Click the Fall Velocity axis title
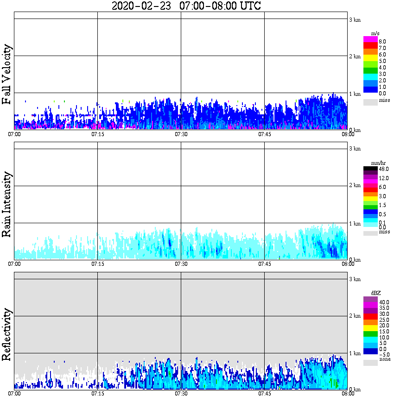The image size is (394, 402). tap(7, 75)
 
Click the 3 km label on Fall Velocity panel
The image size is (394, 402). tap(355, 19)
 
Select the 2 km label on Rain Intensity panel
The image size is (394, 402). tap(355, 186)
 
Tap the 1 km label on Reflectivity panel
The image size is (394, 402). tap(355, 353)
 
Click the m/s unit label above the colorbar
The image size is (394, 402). tap(376, 33)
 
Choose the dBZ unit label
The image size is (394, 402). tap(375, 293)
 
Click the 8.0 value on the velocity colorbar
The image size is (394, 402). tap(382, 41)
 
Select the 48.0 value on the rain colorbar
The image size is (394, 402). tap(383, 170)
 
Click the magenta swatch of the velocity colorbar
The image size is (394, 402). tap(370, 39)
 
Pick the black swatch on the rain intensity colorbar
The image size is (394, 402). tap(370, 169)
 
